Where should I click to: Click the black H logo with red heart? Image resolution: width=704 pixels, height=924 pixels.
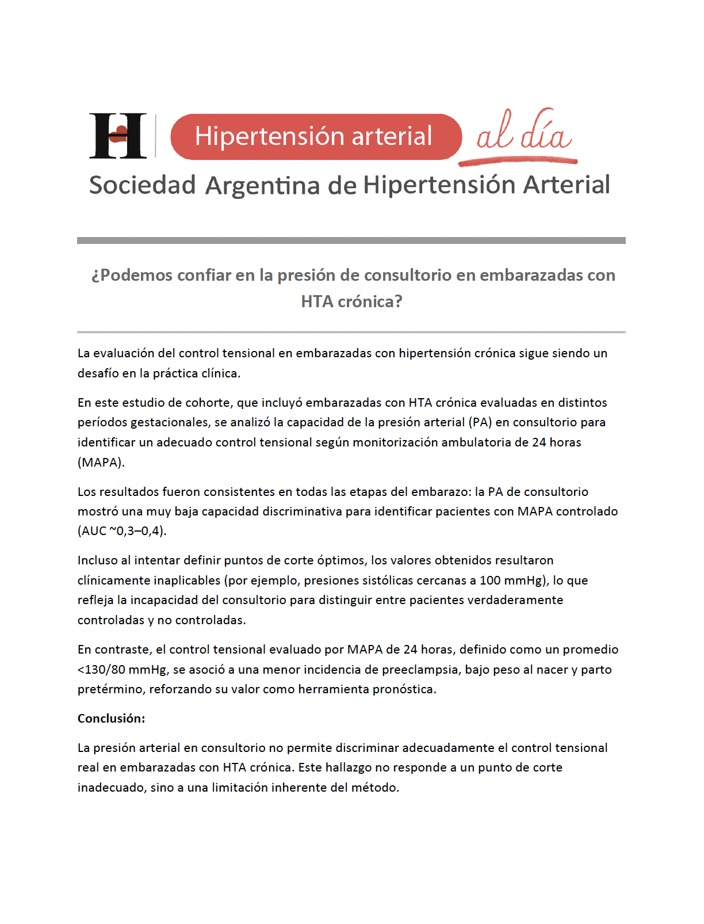(118, 136)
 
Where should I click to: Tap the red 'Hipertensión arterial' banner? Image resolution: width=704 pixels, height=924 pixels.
(316, 137)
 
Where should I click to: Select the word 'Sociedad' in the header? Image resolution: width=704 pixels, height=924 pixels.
(143, 185)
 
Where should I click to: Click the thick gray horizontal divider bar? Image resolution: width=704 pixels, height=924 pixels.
(351, 240)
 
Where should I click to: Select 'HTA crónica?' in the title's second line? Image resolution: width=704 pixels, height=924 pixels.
(351, 301)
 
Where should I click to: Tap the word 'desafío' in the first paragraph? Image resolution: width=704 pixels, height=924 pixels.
(98, 373)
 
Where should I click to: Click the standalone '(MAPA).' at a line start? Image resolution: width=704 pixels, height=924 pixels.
(101, 463)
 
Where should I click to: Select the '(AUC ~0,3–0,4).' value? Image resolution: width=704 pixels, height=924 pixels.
(122, 531)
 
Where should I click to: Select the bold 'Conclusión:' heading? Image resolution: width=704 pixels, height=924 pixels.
(112, 719)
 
